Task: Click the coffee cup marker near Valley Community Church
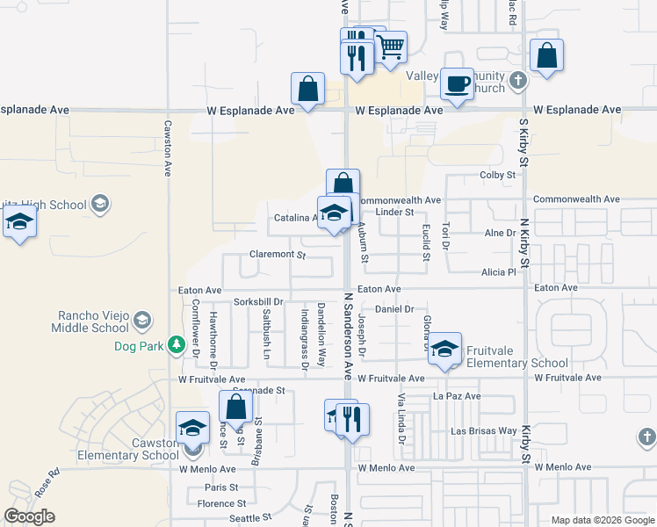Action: [x=456, y=84]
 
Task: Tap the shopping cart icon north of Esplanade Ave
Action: [x=391, y=47]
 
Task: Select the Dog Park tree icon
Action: [x=177, y=344]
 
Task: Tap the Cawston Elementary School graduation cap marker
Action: [x=192, y=429]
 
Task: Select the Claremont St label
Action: [x=277, y=256]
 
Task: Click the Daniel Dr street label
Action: [x=394, y=309]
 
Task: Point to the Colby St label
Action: [x=497, y=176]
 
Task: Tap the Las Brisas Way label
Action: [x=483, y=431]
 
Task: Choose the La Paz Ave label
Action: [x=458, y=396]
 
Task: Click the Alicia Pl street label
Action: [x=498, y=272]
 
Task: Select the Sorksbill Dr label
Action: [x=259, y=301]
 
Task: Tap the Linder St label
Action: [x=394, y=212]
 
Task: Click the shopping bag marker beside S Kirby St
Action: [x=546, y=56]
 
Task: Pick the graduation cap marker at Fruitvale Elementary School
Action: [x=445, y=349]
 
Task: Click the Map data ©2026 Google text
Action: [x=602, y=520]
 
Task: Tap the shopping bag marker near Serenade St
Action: [x=235, y=407]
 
